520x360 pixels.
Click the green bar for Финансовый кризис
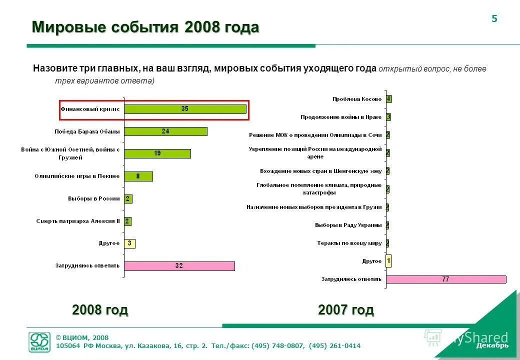coord(185,109)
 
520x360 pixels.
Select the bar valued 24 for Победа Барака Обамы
coord(165,131)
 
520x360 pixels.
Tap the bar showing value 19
coord(157,153)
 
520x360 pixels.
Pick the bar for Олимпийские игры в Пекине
coord(138,176)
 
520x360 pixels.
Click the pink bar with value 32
coord(179,266)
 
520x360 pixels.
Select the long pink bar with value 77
coord(445,279)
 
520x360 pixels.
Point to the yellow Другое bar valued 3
coord(129,243)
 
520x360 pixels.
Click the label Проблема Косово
coord(356,99)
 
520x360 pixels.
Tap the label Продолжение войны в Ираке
coord(341,117)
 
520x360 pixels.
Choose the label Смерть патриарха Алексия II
coord(78,221)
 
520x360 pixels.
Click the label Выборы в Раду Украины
coord(348,225)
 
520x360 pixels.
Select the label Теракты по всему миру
coord(349,243)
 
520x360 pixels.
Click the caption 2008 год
coord(100,310)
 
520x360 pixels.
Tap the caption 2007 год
coord(345,310)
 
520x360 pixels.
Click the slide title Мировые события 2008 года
coord(145,27)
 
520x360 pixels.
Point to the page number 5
coord(494,19)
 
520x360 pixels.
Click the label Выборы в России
coord(94,198)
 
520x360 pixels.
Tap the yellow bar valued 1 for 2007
coord(388,261)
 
